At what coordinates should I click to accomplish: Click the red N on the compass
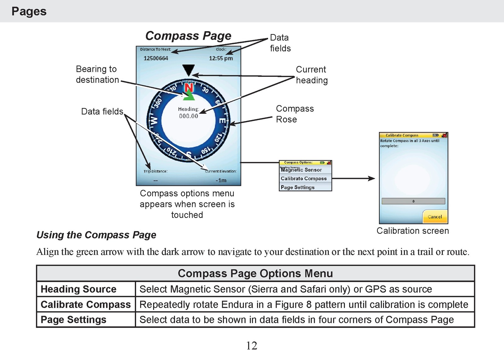(189, 88)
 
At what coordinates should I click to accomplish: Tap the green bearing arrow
(189, 95)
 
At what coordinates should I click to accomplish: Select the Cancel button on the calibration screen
(435, 216)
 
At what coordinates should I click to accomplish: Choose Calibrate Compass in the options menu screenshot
(304, 178)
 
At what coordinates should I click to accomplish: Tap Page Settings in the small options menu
(297, 187)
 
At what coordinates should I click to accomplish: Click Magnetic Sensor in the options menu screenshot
(301, 170)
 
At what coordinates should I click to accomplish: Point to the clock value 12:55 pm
(221, 58)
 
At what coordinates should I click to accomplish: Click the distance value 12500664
(156, 58)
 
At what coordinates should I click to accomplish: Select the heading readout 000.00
(189, 116)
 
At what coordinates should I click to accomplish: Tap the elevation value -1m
(221, 180)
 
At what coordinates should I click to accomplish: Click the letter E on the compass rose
(222, 121)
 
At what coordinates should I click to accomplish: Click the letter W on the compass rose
(154, 120)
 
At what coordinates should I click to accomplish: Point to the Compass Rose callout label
(295, 114)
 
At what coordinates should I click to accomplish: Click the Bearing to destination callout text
(97, 74)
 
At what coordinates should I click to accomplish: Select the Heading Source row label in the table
(78, 289)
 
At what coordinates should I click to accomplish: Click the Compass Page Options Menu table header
(255, 273)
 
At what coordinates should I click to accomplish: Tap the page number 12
(252, 346)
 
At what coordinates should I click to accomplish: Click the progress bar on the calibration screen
(413, 201)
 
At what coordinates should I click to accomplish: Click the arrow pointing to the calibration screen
(353, 178)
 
